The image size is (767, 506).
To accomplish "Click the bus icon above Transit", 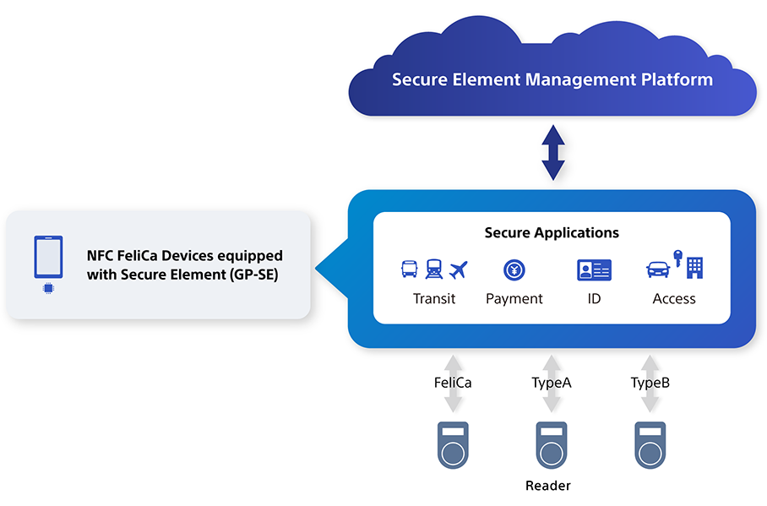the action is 410,269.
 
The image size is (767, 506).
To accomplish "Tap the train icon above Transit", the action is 434,269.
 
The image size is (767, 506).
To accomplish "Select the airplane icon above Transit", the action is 459,269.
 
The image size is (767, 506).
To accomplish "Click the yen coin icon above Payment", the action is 514,269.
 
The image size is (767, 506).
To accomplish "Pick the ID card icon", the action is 595,269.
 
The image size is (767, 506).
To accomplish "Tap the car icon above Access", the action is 658,269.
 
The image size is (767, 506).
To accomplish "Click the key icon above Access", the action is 678,258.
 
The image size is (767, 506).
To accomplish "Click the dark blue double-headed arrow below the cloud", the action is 553,153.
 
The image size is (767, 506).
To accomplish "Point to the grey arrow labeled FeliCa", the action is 453,384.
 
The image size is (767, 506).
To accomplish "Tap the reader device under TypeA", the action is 552,445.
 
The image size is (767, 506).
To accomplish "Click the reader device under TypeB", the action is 650,445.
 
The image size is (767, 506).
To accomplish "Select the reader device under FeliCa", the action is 453,445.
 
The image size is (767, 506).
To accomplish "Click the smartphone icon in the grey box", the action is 48,257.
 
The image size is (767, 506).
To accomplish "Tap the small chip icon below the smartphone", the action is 48,288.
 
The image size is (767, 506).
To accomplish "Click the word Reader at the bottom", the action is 548,486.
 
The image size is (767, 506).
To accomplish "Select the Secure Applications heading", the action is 552,232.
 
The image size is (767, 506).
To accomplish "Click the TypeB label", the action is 650,382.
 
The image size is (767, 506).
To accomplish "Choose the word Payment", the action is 514,298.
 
